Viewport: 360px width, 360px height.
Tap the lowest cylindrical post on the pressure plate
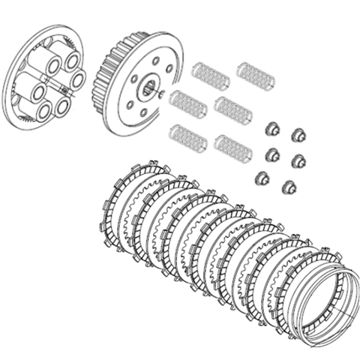(x=43, y=110)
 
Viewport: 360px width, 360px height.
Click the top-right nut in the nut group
(x=299, y=133)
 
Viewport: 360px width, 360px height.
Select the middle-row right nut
(x=298, y=159)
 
